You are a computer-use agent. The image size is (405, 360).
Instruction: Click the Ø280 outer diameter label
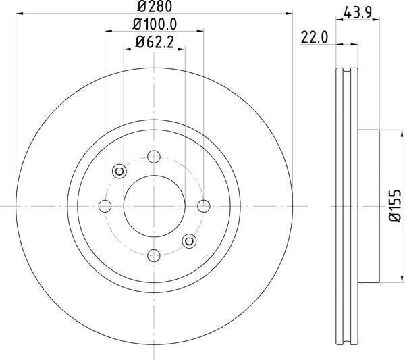[x=154, y=8]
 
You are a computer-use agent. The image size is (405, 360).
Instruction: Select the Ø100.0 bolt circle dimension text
[x=154, y=25]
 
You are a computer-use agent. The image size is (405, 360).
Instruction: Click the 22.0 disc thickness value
[x=315, y=38]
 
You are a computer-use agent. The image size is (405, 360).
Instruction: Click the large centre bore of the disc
[x=154, y=205]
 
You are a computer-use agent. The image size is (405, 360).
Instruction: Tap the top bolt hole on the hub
[x=154, y=157]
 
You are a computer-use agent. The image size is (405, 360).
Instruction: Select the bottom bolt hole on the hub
[x=154, y=254]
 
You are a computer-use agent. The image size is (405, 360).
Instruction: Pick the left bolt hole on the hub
[x=105, y=206]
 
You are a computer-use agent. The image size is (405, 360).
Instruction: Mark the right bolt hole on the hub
[x=202, y=206]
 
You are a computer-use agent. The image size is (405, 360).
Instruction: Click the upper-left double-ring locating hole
[x=119, y=171]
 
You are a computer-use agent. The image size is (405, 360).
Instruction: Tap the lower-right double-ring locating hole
[x=188, y=240]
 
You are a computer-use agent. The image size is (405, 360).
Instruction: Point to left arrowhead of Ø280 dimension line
[x=18, y=15]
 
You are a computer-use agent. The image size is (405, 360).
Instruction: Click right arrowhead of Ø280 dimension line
[x=291, y=15]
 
